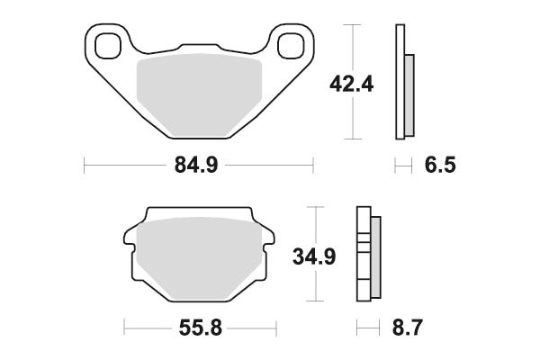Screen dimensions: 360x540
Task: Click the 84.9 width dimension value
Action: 197,166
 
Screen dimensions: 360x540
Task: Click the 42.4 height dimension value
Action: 352,85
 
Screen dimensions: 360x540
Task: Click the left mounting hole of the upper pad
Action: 110,42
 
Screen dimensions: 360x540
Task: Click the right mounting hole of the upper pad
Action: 291,43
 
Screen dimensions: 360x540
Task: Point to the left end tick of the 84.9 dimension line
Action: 84,166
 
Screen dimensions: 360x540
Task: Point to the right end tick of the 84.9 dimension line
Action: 312,166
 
